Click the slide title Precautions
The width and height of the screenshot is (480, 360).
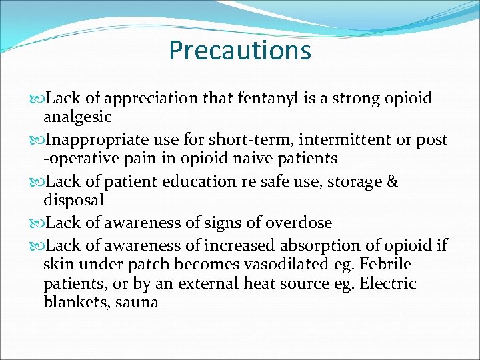coord(240,50)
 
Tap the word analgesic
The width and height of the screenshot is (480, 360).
coord(77,117)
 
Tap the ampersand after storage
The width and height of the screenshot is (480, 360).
coord(391,181)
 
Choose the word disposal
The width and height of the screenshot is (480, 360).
coord(73,199)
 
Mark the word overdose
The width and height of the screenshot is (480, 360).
coord(299,223)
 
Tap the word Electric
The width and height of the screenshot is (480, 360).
coord(388,283)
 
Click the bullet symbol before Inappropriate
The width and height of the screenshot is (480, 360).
coord(37,141)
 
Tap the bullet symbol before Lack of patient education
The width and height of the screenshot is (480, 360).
coord(37,182)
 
